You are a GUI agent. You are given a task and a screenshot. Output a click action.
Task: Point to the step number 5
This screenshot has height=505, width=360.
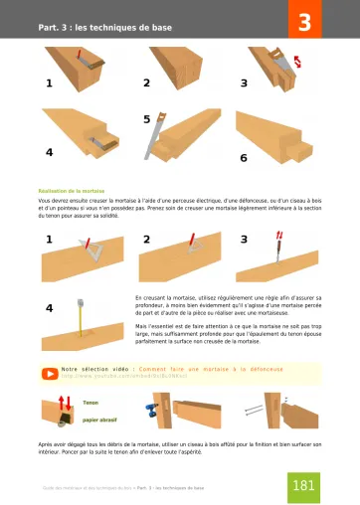[147, 119]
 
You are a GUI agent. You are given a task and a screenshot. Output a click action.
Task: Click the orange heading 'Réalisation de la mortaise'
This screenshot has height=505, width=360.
[71, 188]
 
